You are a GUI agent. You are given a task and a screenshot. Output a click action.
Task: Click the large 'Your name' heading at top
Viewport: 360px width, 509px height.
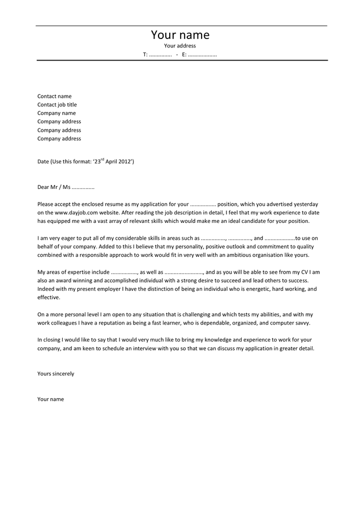coord(180,35)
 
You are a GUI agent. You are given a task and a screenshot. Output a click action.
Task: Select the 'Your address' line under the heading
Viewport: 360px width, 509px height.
coord(180,46)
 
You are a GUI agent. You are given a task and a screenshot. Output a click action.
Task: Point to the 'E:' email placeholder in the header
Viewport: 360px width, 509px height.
coord(199,55)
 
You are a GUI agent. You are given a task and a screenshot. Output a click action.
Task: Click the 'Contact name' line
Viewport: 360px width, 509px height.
coord(54,96)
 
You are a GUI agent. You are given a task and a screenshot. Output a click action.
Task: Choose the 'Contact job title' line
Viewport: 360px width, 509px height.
coord(57,105)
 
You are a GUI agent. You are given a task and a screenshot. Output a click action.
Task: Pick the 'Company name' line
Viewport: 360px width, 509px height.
coord(57,113)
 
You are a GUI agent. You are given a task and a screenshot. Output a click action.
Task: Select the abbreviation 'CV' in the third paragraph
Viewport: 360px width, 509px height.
coord(298,272)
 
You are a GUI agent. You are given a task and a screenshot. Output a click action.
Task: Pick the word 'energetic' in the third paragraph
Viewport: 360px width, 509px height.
coord(250,289)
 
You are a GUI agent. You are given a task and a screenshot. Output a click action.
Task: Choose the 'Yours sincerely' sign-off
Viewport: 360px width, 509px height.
coord(55,374)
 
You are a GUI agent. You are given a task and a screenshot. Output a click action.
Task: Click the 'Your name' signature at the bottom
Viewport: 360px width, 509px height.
coord(50,399)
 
